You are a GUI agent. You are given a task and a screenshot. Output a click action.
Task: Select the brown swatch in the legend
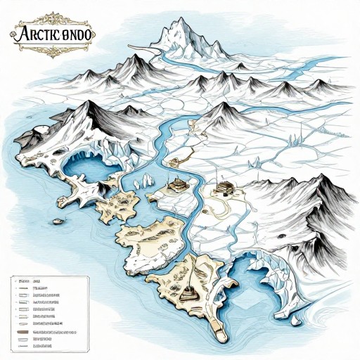21,331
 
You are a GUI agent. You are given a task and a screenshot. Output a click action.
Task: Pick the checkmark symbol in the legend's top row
15,279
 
